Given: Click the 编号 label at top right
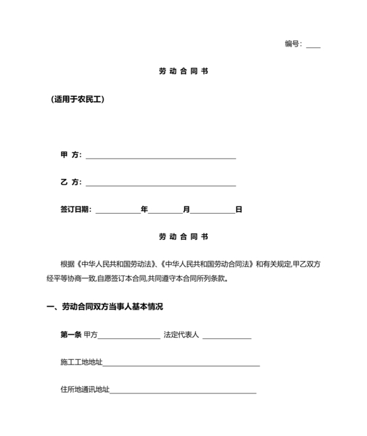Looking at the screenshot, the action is [292, 44].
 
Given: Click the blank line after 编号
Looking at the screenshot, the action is [313, 46].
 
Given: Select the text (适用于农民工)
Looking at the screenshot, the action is [77, 100].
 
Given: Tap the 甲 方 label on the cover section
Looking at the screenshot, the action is [69, 155].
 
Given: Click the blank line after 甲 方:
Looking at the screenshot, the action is [161, 157].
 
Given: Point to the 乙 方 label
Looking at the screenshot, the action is [69, 183].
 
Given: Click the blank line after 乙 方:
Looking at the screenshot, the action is [161, 184].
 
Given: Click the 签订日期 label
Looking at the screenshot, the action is [75, 210].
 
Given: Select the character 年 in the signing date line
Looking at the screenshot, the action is [144, 210].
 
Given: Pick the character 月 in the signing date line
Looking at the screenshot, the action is [187, 210].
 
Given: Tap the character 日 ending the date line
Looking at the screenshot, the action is [239, 210].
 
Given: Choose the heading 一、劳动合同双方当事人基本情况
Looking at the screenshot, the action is [104, 307].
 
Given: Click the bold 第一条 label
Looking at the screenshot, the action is [70, 335].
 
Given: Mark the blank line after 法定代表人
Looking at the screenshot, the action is [227, 337].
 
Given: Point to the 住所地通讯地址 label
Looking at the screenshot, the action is [85, 390].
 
